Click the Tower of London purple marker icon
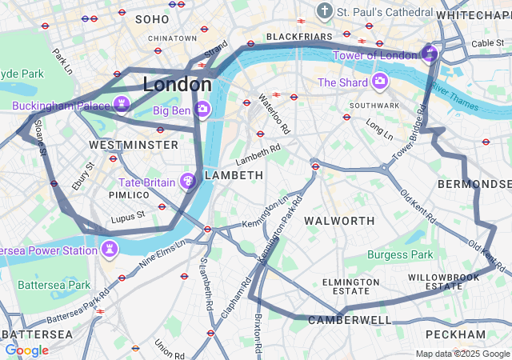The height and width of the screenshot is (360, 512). point(429,54)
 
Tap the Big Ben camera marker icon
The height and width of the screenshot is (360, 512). point(203,108)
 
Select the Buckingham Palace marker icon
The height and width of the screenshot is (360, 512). point(122,103)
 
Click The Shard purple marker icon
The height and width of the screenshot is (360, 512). point(379,81)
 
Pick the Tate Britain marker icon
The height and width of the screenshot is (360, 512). point(188,182)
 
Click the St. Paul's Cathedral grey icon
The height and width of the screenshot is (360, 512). point(324,11)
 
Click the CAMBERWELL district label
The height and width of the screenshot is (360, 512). point(350,320)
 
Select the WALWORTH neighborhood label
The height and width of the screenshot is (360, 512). point(340,220)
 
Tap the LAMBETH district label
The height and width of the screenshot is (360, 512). point(234,174)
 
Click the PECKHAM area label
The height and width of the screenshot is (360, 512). point(455,334)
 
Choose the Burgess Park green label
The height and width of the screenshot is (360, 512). point(400,254)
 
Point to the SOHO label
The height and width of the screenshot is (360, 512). point(152,18)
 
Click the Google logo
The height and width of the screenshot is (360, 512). point(26,350)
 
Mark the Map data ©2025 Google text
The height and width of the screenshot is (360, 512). point(462,354)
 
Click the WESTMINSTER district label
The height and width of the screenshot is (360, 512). point(134,145)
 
